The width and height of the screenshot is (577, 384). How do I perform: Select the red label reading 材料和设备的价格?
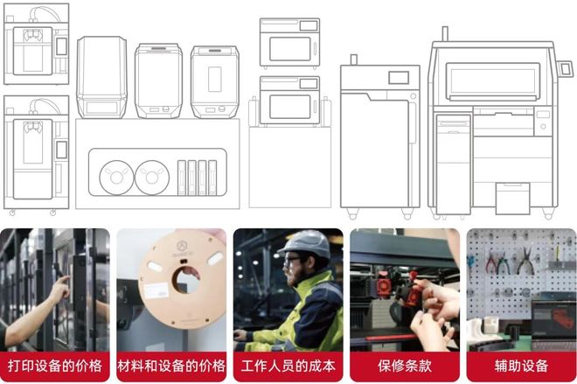[171, 366]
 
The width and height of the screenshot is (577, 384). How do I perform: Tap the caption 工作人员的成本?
[288, 366]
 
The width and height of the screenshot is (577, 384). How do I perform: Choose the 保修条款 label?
[404, 366]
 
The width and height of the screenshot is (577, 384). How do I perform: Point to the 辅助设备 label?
[520, 366]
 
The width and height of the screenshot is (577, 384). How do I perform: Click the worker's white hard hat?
[303, 243]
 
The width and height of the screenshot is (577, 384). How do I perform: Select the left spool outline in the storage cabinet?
[116, 176]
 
